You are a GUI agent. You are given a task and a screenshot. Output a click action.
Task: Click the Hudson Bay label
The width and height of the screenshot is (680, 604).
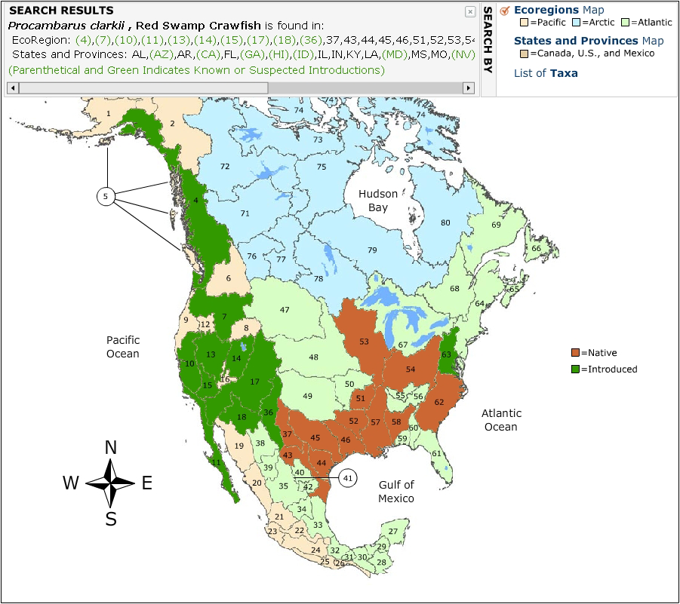click(x=378, y=200)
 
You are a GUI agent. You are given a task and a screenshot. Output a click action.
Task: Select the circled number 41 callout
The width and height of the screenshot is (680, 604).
click(x=347, y=478)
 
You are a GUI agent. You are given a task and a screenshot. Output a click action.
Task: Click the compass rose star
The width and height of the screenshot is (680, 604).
click(x=110, y=483)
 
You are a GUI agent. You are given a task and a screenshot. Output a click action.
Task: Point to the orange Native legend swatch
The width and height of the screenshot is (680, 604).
click(x=575, y=353)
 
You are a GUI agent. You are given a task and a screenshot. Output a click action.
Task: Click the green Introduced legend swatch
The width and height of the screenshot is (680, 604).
click(x=575, y=369)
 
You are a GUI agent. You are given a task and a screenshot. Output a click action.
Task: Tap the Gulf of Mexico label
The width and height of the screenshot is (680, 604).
click(x=396, y=491)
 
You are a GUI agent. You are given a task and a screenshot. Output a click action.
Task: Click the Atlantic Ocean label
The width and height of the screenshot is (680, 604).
click(x=501, y=420)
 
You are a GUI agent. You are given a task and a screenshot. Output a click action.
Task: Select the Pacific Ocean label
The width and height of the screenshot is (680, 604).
click(x=123, y=347)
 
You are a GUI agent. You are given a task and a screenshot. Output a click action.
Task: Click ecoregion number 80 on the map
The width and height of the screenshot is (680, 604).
click(x=445, y=222)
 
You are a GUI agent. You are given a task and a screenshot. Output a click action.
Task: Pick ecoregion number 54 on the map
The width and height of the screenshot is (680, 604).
click(x=411, y=369)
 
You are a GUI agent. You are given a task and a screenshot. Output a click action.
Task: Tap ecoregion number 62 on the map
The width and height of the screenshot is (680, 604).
click(x=439, y=402)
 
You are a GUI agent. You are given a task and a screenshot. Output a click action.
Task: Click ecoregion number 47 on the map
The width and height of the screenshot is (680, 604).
click(x=285, y=310)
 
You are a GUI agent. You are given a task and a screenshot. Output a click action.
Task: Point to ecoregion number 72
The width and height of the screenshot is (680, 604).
click(x=225, y=166)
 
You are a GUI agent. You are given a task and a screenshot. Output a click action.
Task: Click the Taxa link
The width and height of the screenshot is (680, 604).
click(x=564, y=73)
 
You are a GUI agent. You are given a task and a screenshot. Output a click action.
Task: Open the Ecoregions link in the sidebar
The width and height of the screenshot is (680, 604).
click(x=546, y=10)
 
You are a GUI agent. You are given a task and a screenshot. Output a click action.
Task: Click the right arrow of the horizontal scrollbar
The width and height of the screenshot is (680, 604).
click(x=469, y=88)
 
